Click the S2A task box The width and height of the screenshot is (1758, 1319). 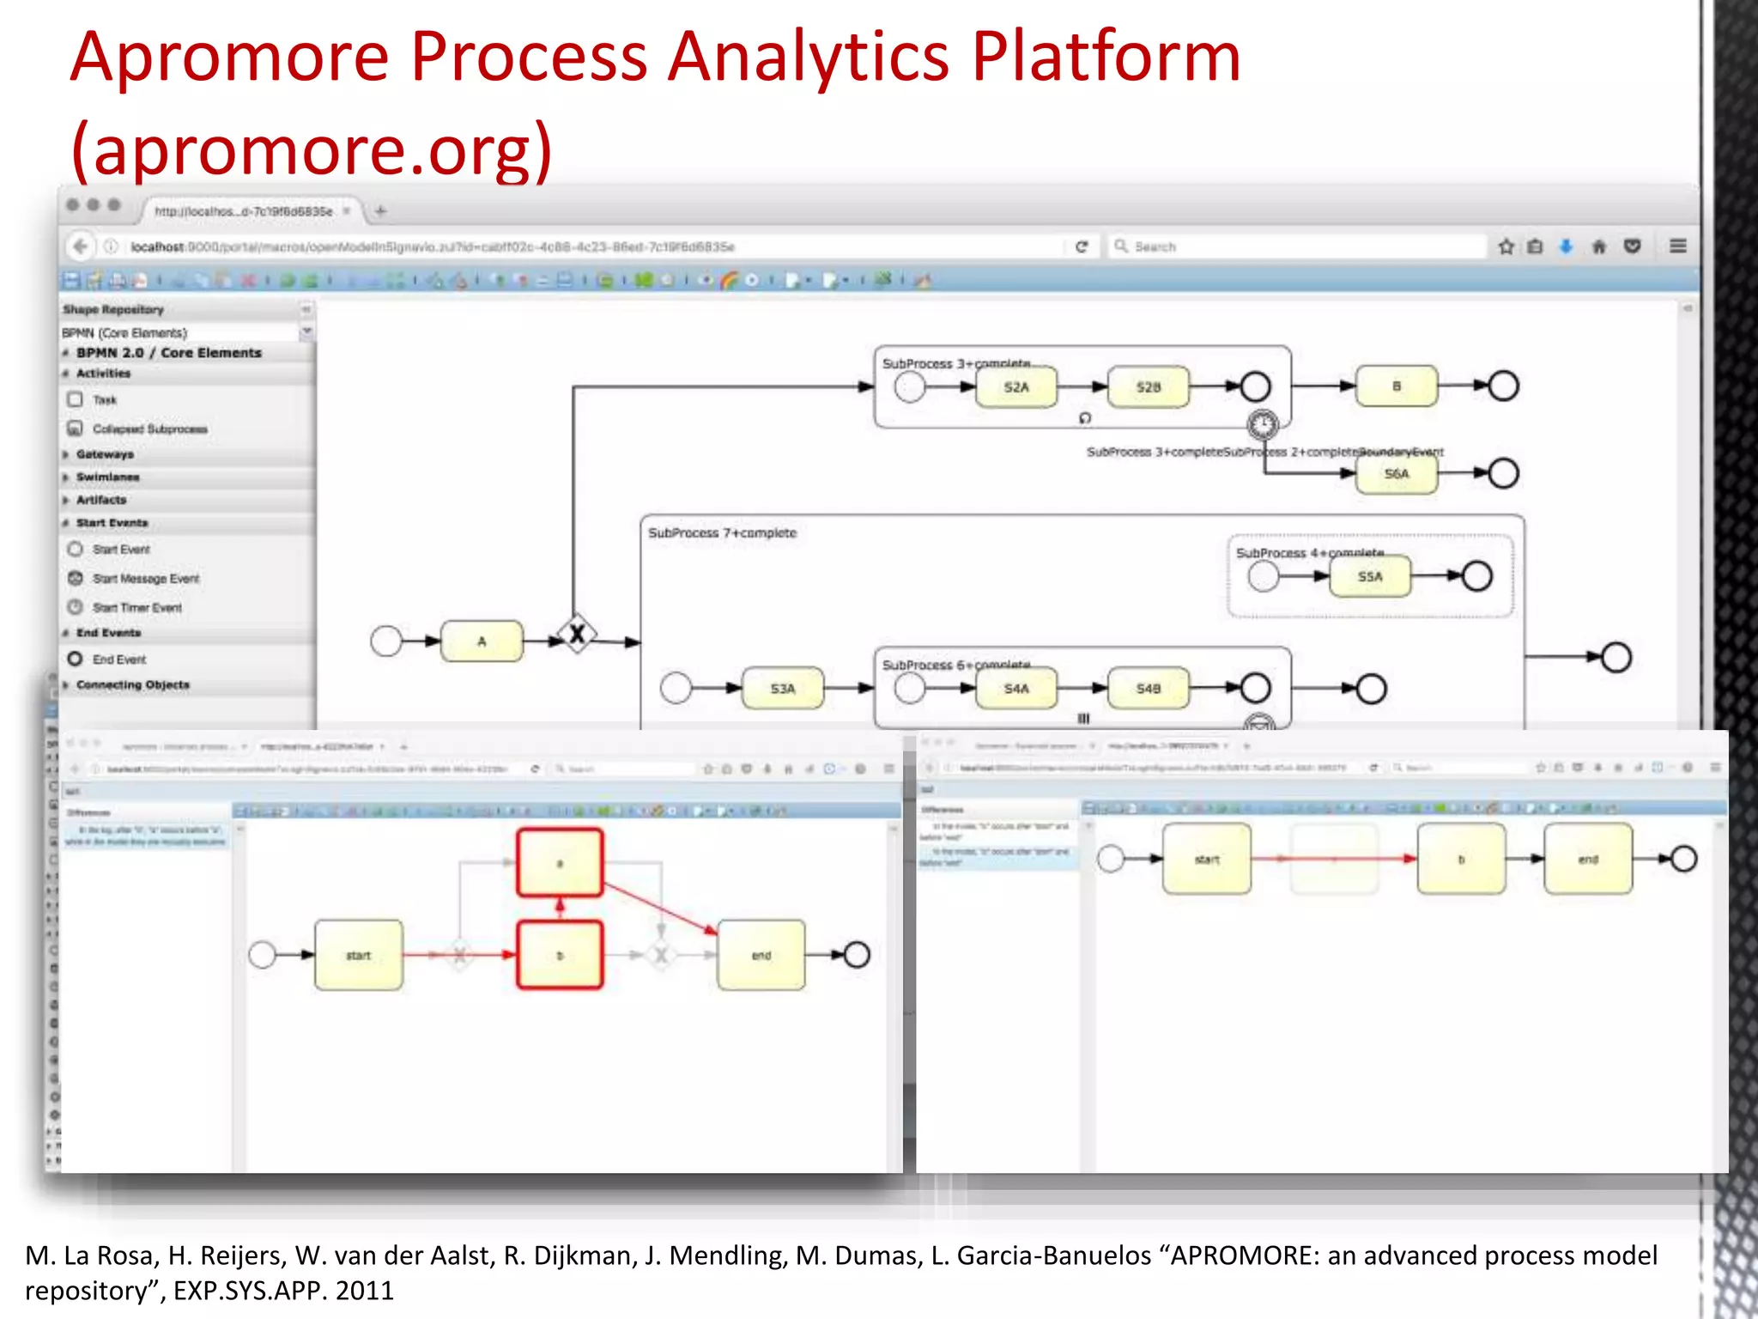tap(1016, 386)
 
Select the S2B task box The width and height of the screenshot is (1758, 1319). tap(1148, 386)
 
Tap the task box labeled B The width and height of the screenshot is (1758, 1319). tap(1396, 386)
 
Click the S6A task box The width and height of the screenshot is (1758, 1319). tap(1396, 473)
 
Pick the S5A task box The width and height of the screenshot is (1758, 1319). tap(1369, 576)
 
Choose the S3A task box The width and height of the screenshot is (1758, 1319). tap(782, 689)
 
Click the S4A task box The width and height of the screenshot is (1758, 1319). tap(1016, 689)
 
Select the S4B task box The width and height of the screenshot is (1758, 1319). tap(1148, 689)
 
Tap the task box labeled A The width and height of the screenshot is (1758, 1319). tap(482, 641)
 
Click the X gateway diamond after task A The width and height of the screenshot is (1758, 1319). tap(577, 635)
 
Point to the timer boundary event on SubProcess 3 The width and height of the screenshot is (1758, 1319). tap(1262, 423)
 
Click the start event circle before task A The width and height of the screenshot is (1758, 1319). tap(386, 641)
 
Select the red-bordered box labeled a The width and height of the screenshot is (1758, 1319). tap(560, 862)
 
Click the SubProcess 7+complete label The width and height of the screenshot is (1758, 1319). tap(722, 533)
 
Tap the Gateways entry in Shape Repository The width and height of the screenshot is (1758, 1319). tap(105, 454)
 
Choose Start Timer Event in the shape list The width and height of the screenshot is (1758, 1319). tap(136, 608)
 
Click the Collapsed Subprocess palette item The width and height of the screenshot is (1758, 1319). tap(149, 429)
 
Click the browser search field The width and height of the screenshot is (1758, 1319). tap(1296, 246)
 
